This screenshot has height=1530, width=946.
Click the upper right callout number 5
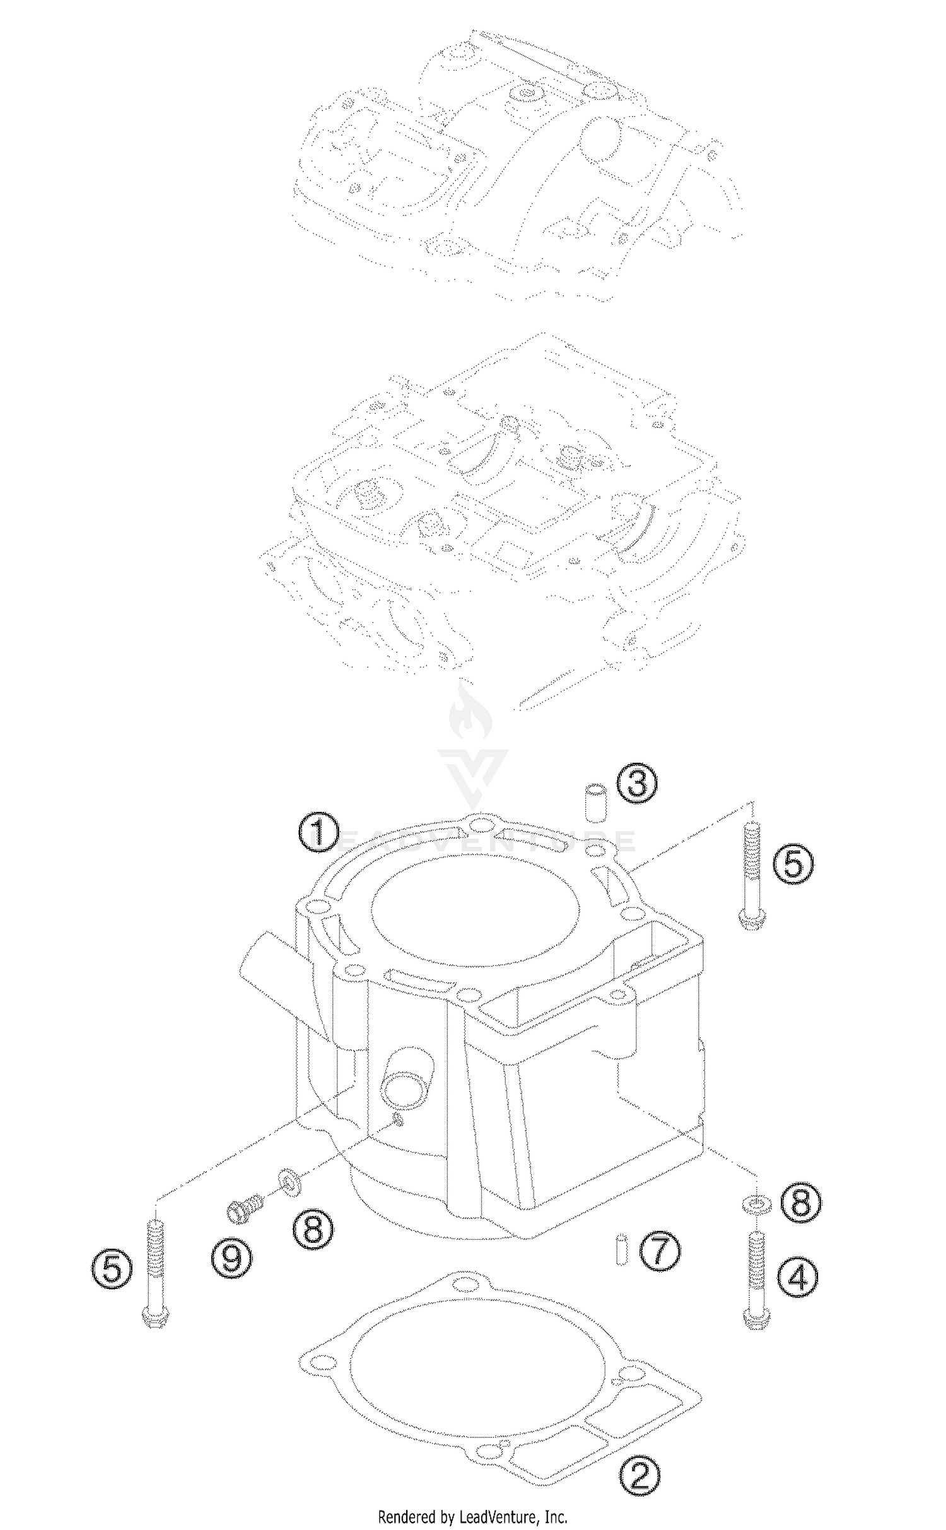coord(793,864)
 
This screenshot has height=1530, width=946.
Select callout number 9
coord(231,1258)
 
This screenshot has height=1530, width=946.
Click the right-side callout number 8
coord(800,1203)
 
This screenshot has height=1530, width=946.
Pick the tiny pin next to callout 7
coord(621,1249)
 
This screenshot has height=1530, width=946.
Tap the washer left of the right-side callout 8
coord(755,1204)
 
